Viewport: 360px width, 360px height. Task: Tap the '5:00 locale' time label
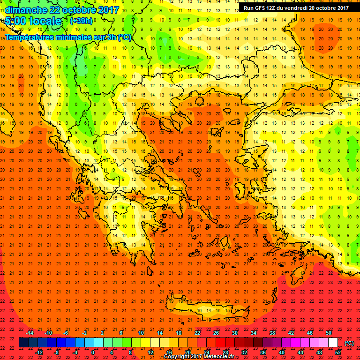pyautogui.click(x=33, y=22)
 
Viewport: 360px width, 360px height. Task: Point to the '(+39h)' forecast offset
pyautogui.click(x=82, y=21)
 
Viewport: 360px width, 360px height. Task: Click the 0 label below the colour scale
pyautogui.click(x=93, y=352)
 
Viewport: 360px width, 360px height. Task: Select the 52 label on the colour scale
pyautogui.click(x=338, y=352)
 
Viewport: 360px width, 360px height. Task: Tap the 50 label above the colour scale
pyautogui.click(x=329, y=333)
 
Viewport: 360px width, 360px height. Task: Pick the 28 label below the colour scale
pyautogui.click(x=225, y=352)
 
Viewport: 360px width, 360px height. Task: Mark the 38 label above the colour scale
pyautogui.click(x=272, y=333)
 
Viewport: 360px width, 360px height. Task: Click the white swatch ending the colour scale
pyautogui.click(x=333, y=343)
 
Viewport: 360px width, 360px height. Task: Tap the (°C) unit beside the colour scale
pyautogui.click(x=349, y=343)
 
